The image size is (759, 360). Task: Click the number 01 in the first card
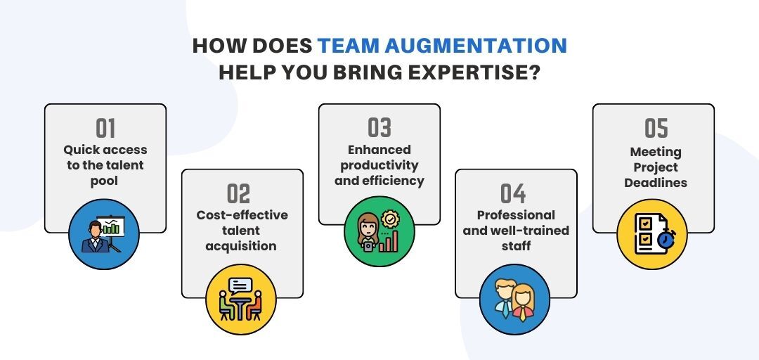[x=105, y=129]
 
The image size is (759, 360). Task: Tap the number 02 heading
[x=239, y=194]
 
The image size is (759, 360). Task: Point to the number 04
[x=513, y=194]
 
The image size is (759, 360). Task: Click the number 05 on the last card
[x=656, y=129]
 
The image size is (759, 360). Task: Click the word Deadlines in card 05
[x=656, y=183]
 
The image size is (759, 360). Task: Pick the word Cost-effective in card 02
[x=242, y=215]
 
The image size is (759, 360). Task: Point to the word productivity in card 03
[x=379, y=166]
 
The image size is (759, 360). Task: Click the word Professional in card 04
[x=516, y=215]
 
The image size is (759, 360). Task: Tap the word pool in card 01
[x=105, y=181]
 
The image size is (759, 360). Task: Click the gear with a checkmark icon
[x=389, y=219]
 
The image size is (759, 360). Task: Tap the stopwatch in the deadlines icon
[x=667, y=239]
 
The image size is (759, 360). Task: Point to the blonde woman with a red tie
[x=523, y=303]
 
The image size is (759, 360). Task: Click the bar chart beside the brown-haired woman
[x=388, y=240]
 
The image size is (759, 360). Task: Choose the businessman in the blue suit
[x=96, y=238]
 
